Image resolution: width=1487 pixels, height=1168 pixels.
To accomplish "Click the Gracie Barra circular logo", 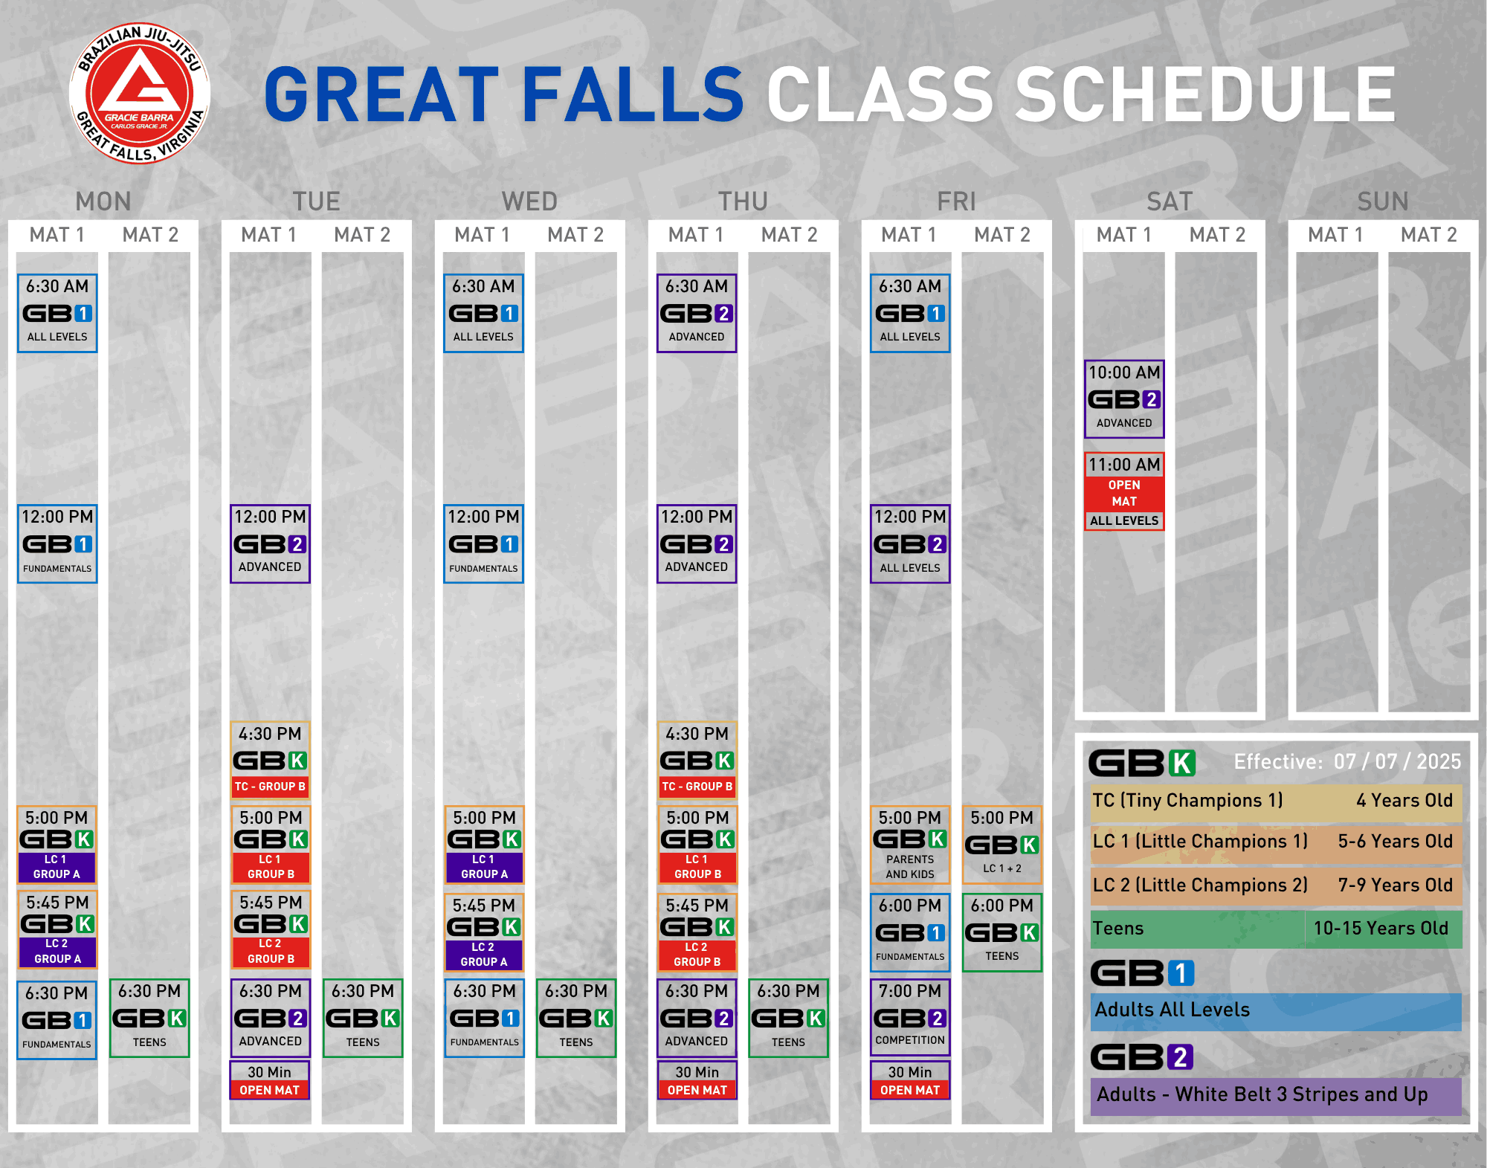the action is (140, 94).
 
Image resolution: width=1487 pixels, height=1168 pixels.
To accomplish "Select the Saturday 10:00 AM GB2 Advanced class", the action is (1124, 399).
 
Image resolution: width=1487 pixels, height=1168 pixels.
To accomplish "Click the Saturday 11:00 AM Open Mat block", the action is (1124, 491).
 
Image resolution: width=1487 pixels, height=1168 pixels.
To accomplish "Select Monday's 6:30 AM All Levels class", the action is (57, 313).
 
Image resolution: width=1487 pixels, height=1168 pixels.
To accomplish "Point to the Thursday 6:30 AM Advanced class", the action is (697, 313).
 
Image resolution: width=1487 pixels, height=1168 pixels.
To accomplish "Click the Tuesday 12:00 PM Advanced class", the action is (270, 543).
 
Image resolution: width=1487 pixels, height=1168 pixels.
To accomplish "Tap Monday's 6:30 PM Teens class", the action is (149, 1018).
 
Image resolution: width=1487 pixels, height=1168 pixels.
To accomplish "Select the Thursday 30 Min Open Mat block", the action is (697, 1080).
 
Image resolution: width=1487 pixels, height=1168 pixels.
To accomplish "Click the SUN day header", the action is (1383, 201).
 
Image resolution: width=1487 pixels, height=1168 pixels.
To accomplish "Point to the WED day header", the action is (529, 201).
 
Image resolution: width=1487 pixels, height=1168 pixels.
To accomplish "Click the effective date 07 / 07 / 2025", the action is (1397, 761).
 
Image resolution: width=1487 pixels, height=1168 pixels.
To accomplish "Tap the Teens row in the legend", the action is (1276, 929).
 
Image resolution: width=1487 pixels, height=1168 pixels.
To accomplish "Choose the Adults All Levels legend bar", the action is (1276, 1011).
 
